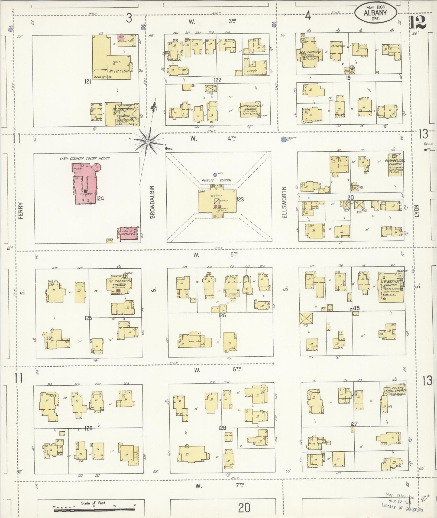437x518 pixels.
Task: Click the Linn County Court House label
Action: coord(85,158)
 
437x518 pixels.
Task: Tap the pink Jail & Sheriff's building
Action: coord(127,232)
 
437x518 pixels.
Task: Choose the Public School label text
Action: coord(216,180)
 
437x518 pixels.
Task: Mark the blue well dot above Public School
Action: coord(215,175)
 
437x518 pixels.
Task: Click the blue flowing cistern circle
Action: coord(283,139)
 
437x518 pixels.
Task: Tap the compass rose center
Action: coord(148,142)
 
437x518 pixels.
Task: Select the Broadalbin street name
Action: coord(152,202)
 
